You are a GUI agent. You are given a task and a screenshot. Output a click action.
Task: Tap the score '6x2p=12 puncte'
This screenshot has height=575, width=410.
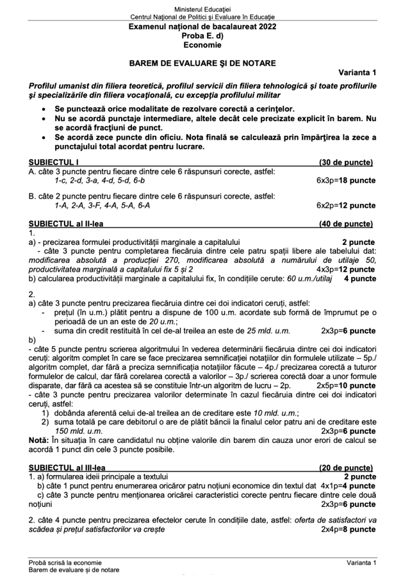(346, 206)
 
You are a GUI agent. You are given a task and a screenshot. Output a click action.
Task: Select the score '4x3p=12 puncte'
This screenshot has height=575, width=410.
(346, 269)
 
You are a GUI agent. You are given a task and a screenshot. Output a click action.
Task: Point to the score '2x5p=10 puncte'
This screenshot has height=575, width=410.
(346, 386)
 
